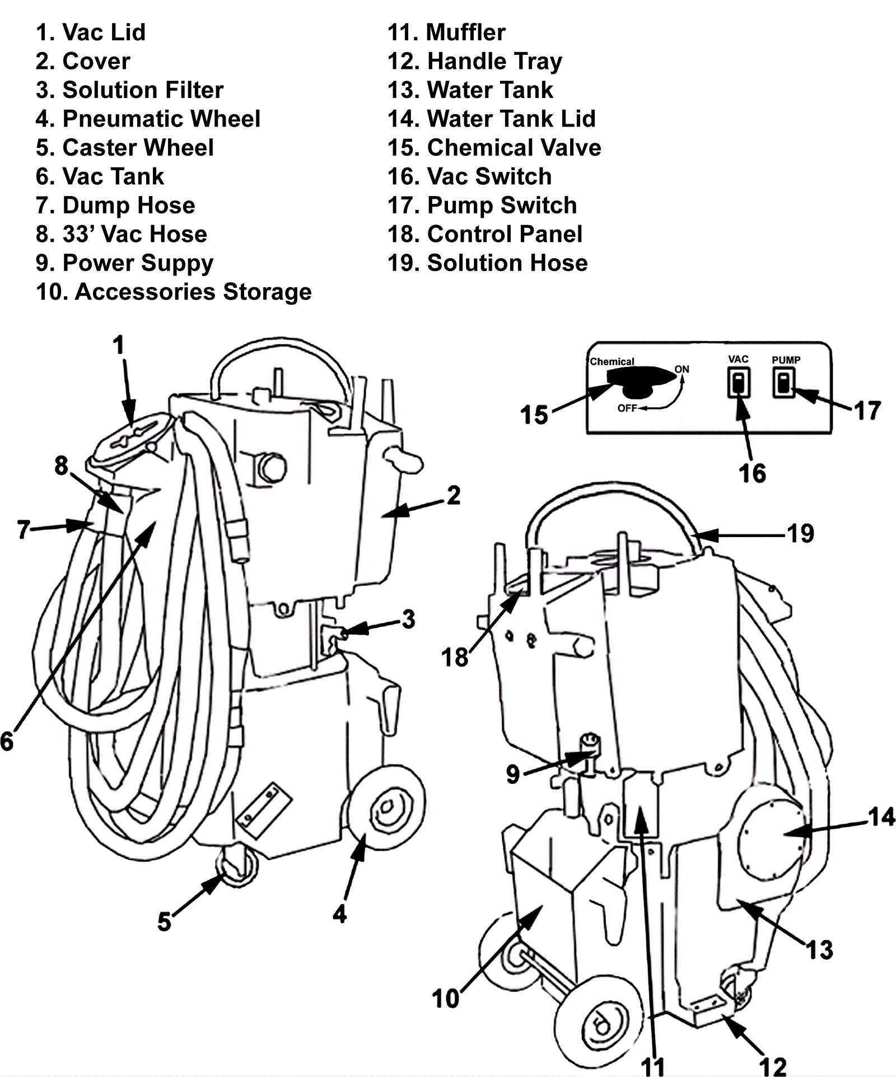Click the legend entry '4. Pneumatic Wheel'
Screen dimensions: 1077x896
click(148, 119)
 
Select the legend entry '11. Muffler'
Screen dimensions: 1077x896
click(446, 32)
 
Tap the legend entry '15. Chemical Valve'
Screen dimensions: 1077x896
click(494, 148)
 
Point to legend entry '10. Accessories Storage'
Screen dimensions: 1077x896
click(174, 292)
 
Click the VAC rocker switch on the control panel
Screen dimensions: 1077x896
click(739, 384)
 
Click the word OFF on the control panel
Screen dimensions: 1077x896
click(627, 408)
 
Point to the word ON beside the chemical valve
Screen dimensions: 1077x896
click(682, 369)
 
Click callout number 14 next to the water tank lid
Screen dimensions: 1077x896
click(881, 817)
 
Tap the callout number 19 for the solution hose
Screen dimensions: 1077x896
click(800, 533)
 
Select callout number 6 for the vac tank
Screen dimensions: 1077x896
click(7, 741)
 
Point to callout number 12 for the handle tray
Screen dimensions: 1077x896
click(773, 1066)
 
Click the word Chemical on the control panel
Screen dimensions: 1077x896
click(612, 362)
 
